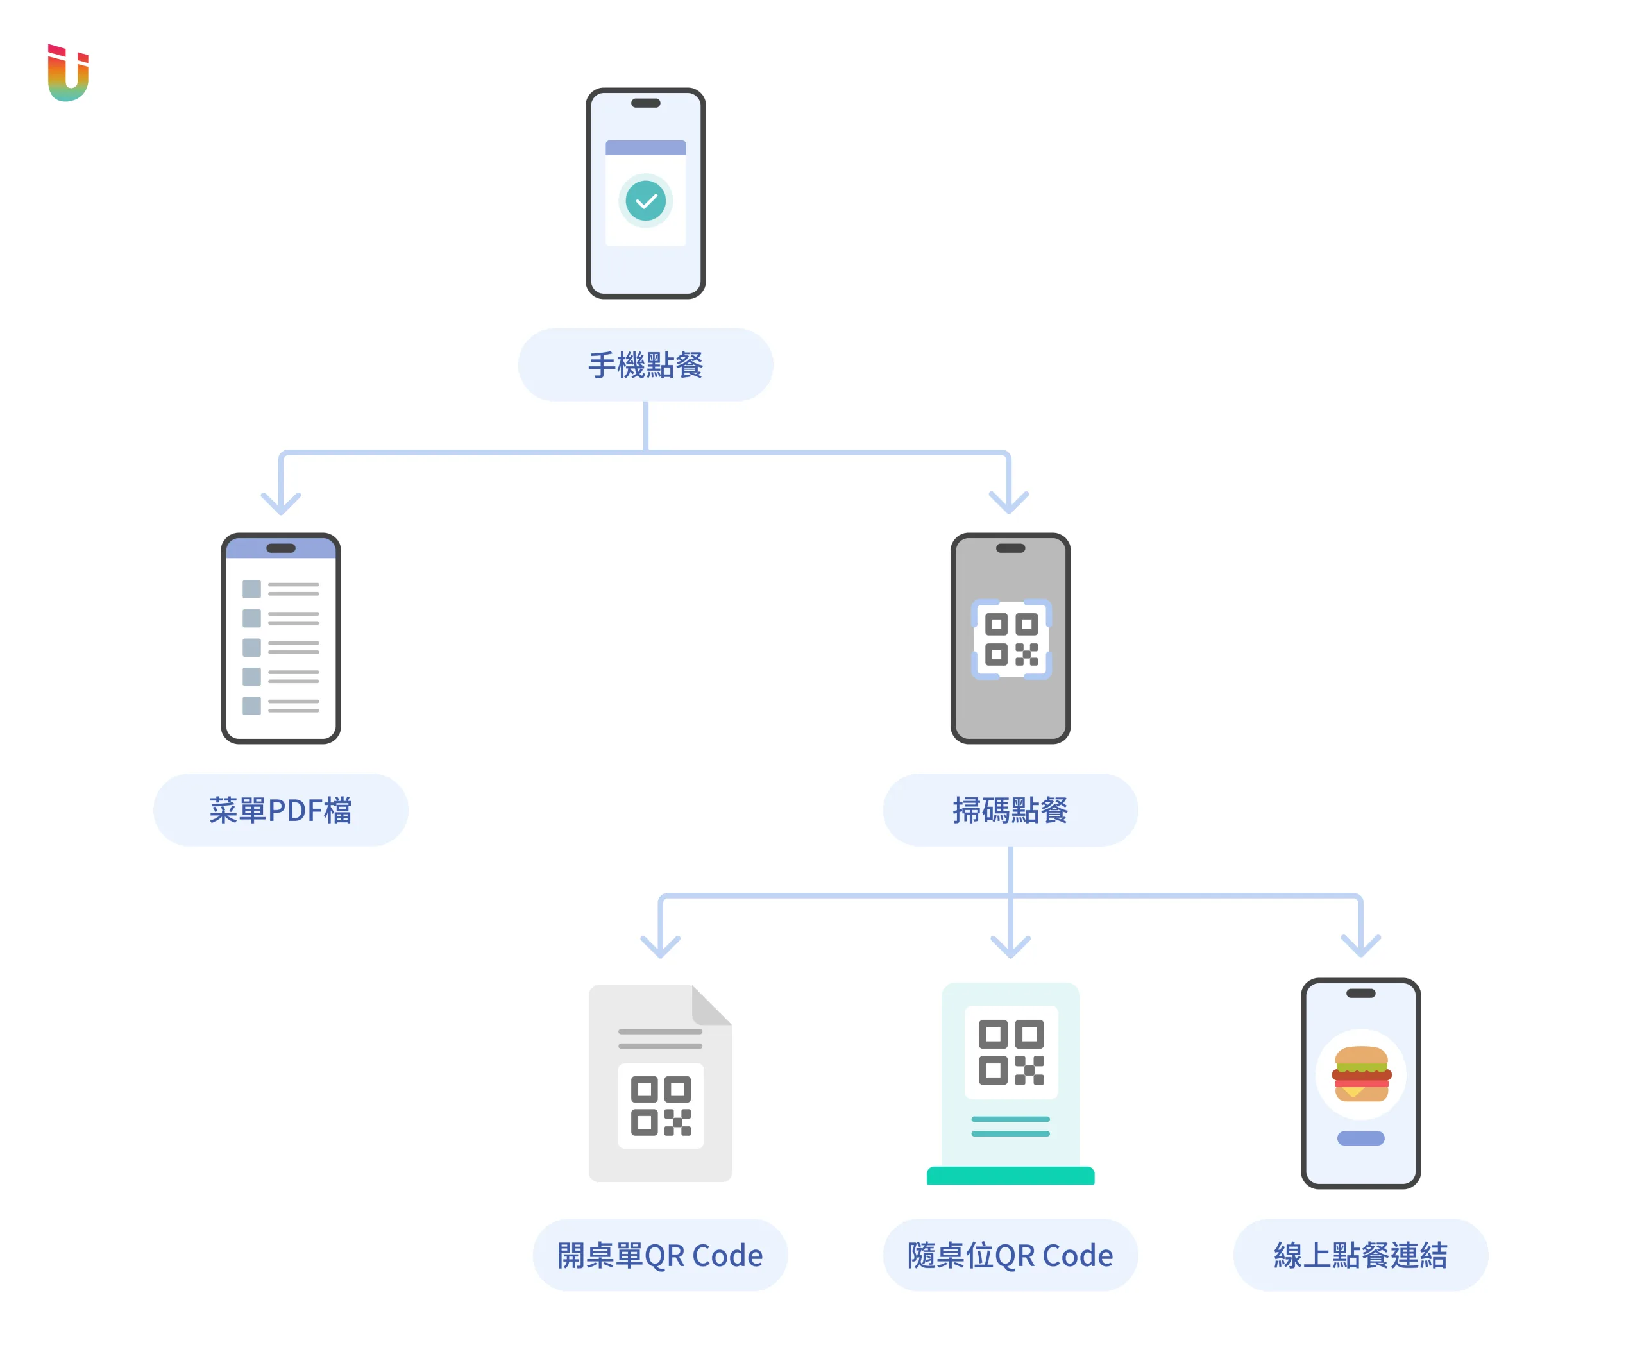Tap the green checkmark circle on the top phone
pyautogui.click(x=646, y=201)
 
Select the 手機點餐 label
pyautogui.click(x=646, y=365)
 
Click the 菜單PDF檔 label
pyautogui.click(x=281, y=810)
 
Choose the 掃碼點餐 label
pyautogui.click(x=1010, y=810)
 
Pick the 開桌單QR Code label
pyautogui.click(x=660, y=1255)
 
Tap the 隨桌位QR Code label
pyautogui.click(x=1010, y=1255)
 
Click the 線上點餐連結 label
pyautogui.click(x=1360, y=1255)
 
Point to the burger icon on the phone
pyautogui.click(x=1361, y=1074)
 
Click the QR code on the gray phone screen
pyautogui.click(x=1011, y=639)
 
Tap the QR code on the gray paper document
pyautogui.click(x=661, y=1106)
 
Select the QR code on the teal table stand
pyautogui.click(x=1011, y=1052)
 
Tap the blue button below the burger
pyautogui.click(x=1360, y=1138)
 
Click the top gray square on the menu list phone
pyautogui.click(x=252, y=589)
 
